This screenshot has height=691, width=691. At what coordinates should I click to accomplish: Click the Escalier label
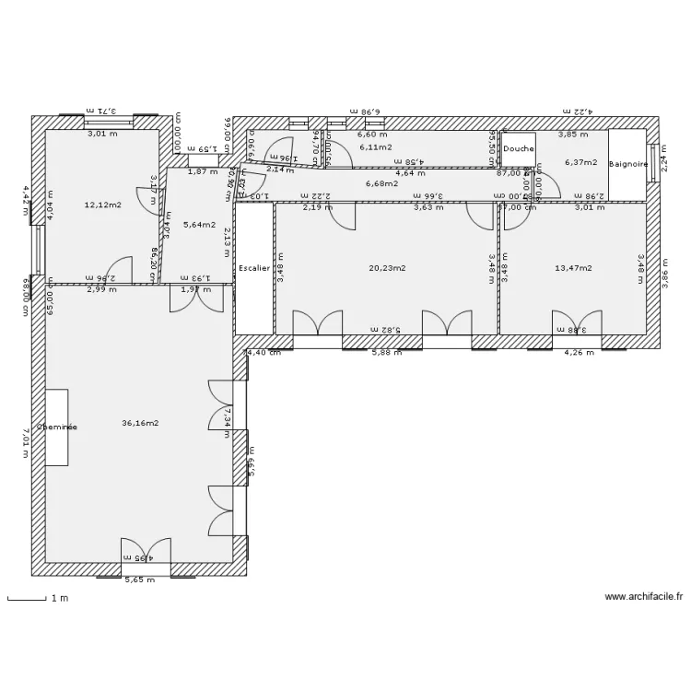(253, 268)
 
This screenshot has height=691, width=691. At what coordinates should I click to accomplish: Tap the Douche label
(519, 148)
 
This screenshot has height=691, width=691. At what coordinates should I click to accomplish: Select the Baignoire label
(628, 165)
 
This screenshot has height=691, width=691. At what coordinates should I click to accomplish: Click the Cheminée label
(57, 427)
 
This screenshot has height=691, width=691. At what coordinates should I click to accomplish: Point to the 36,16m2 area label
(140, 424)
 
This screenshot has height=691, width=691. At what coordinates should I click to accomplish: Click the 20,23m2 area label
(387, 268)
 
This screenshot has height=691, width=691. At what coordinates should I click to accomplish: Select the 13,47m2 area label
(573, 268)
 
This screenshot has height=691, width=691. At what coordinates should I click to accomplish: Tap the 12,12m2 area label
(102, 205)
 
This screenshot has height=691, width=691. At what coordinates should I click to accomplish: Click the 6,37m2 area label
(580, 162)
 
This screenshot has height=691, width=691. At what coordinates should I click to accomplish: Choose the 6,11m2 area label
(376, 146)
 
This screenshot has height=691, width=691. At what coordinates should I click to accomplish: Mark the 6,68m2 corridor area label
(381, 183)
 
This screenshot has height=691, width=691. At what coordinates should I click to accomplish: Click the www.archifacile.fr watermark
(644, 597)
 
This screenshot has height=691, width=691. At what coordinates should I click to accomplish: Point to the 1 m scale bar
(28, 599)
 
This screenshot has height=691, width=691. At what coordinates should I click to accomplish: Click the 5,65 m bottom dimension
(140, 580)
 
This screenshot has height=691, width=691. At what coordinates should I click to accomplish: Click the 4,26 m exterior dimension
(578, 352)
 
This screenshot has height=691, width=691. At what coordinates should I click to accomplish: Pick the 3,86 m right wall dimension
(664, 273)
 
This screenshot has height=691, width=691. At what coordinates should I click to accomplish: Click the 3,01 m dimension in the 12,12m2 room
(102, 134)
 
